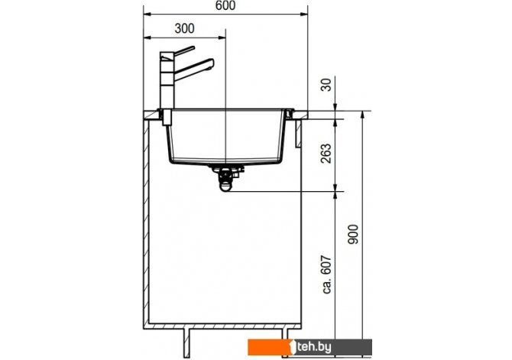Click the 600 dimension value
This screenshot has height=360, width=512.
(225, 5)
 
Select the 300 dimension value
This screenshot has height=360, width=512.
(184, 29)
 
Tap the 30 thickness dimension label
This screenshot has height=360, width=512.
(326, 85)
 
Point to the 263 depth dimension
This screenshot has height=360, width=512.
(326, 154)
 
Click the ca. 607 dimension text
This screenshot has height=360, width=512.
(327, 274)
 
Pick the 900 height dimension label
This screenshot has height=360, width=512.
(353, 234)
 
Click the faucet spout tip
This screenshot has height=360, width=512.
(212, 63)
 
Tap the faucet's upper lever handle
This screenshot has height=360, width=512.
(184, 51)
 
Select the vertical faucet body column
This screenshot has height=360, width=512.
(167, 80)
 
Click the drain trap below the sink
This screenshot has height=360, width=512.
(226, 179)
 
